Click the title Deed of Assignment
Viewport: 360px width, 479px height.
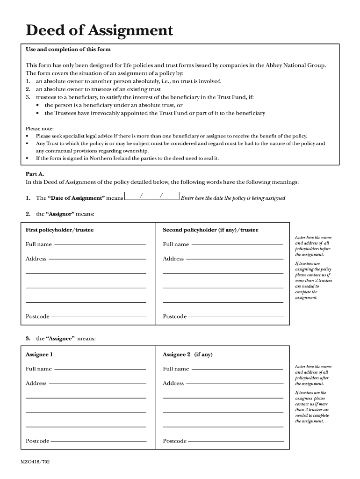[99, 31]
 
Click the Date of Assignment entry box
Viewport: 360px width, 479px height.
[152, 197]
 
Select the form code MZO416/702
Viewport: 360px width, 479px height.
[35, 462]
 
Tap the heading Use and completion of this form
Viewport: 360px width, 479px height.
[68, 49]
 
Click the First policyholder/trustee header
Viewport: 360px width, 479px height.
[59, 230]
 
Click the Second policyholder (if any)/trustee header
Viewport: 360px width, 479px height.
[210, 230]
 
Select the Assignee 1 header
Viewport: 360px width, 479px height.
[39, 354]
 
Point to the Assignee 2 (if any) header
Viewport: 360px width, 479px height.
[187, 354]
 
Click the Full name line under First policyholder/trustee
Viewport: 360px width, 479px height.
[100, 244]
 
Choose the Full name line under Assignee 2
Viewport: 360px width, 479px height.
[237, 369]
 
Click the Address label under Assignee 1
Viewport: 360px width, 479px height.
[36, 383]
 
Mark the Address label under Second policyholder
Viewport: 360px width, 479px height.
[173, 259]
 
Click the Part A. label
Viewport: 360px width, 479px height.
[35, 174]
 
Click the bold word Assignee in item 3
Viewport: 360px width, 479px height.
[60, 338]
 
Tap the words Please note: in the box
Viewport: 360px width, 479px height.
[40, 129]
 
